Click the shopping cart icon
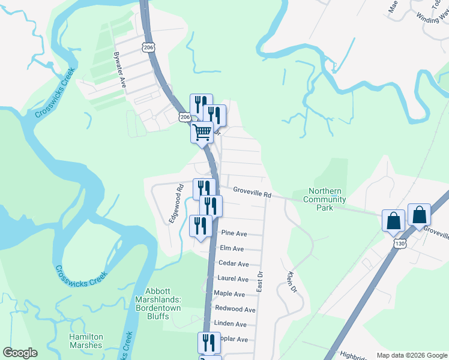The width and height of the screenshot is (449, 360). point(202,131)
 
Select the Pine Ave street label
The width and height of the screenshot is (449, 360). point(234,233)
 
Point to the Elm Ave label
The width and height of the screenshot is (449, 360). point(232,248)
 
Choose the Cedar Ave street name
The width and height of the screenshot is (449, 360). point(234,264)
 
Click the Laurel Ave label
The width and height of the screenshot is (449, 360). point(234,279)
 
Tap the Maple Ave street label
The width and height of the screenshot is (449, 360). point(231,294)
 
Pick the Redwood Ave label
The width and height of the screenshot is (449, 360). point(235,310)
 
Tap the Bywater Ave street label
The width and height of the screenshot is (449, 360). point(121,69)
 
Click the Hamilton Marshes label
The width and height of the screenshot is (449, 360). point(85,341)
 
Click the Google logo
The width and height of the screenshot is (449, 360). point(20,353)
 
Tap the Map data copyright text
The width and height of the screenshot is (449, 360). point(411,355)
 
